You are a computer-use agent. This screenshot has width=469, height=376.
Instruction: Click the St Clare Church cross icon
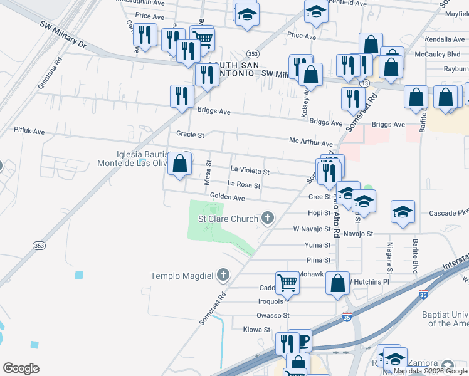coord(268,219)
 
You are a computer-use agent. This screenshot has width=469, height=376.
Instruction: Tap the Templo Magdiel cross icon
coord(222,275)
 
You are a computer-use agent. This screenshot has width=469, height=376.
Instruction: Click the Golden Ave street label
coord(227,197)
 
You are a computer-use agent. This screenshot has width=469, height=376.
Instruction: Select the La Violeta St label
coord(250,170)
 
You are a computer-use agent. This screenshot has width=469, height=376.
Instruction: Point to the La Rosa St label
coord(244,184)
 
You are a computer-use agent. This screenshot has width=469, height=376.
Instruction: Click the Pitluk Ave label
coord(29,132)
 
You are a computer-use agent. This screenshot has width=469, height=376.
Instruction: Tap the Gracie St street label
coord(190,135)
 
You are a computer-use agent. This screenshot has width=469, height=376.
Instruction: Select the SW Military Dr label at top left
coord(63,34)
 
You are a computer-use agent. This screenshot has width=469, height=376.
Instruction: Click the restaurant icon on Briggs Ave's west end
coord(182,96)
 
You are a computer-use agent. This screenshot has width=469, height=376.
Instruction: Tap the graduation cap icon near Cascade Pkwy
coord(403,211)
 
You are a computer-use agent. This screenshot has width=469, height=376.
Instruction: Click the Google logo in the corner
coord(21,368)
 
